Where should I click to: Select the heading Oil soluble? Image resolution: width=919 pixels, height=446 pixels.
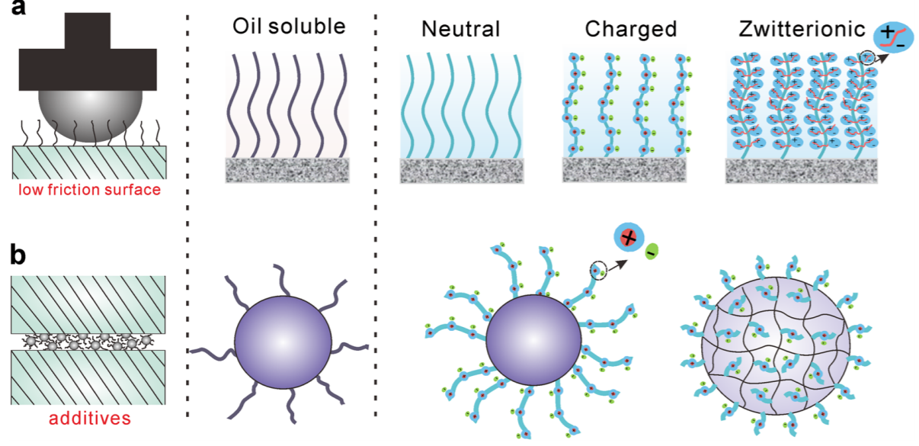coord(289,27)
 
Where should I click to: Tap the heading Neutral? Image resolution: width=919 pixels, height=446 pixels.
coord(460,30)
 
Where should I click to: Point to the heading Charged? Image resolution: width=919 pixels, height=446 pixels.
coord(631,30)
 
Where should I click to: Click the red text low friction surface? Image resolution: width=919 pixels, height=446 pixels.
coord(91,190)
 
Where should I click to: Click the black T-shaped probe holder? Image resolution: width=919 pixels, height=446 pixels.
coord(88,53)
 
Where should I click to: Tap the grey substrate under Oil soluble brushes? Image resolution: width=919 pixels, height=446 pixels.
coord(287,170)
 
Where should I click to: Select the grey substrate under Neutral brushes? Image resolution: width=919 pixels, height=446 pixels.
coord(463,170)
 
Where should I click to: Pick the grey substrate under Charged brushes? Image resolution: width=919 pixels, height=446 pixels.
coord(624,170)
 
